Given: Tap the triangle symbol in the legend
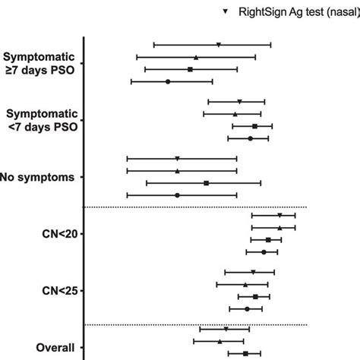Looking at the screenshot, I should tap(226, 12).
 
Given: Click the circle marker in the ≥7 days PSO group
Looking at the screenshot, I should tap(168, 81).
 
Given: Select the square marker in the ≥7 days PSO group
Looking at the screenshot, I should tap(190, 69).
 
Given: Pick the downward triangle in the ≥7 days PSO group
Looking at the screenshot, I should tap(219, 45).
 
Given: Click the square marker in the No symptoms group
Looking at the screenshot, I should tap(206, 183).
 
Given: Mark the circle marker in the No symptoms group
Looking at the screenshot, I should tap(177, 195).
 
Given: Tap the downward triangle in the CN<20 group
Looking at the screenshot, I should tap(279, 216).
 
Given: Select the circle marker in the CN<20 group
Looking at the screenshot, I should tap(264, 251).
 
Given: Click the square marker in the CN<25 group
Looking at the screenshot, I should tap(255, 296).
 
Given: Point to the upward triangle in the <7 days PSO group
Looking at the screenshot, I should tap(235, 114).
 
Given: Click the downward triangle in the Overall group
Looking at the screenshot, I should tap(226, 329).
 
